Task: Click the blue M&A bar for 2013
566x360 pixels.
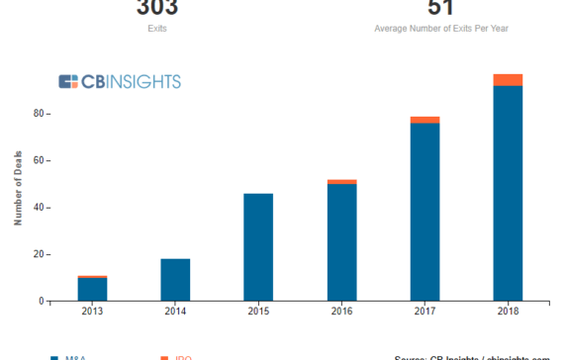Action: (x=92, y=289)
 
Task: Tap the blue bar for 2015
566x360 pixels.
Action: (x=258, y=247)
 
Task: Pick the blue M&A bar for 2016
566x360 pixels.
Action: (x=341, y=242)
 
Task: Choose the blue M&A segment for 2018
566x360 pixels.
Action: (x=508, y=193)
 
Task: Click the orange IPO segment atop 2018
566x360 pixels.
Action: (x=508, y=80)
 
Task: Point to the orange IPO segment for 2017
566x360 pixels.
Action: (x=424, y=120)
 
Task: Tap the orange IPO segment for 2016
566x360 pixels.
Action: (x=341, y=182)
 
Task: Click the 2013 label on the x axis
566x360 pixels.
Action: (x=92, y=312)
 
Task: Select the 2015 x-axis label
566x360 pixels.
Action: (x=258, y=312)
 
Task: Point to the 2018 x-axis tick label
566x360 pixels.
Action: (x=508, y=312)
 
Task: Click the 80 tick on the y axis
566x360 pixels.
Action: (x=39, y=114)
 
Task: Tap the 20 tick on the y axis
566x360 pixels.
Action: (x=39, y=254)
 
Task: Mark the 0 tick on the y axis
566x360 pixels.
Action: (x=42, y=301)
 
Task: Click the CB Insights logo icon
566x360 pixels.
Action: (x=68, y=82)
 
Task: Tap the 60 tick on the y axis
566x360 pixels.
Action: (x=39, y=160)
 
